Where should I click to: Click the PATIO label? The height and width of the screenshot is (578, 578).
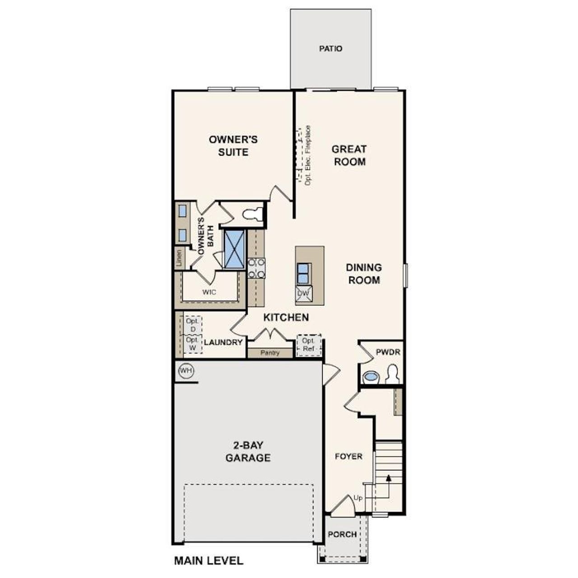[331, 48]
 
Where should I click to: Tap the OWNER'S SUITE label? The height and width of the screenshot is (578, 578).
[233, 145]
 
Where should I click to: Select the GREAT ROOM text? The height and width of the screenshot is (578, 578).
[349, 155]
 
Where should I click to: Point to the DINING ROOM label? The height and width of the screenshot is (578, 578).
[364, 274]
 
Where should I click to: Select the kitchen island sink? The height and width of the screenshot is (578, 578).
[303, 273]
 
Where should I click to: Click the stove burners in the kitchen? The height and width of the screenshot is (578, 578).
[256, 268]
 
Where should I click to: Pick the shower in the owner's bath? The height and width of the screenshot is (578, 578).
[235, 249]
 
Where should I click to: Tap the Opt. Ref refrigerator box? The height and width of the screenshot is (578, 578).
[308, 345]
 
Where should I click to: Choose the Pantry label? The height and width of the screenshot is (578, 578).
[270, 353]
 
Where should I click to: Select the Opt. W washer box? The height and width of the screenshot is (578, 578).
[192, 344]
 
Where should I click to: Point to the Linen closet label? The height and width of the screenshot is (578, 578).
[179, 258]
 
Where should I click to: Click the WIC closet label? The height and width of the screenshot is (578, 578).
[209, 292]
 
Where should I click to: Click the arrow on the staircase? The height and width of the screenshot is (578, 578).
[388, 477]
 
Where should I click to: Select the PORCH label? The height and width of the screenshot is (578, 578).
[342, 534]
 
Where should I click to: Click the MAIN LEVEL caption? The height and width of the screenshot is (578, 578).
[209, 561]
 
